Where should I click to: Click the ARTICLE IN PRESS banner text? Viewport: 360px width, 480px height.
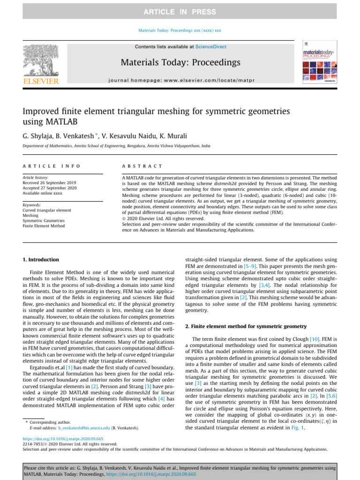180,12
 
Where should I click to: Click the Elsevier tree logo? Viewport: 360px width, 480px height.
41,62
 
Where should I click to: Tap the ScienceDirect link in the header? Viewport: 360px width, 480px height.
210,47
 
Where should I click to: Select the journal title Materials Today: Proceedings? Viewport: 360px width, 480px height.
180,62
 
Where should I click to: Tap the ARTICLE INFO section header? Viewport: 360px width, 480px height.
52,166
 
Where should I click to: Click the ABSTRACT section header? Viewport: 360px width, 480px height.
142,166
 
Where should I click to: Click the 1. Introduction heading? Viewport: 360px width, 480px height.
41,260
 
